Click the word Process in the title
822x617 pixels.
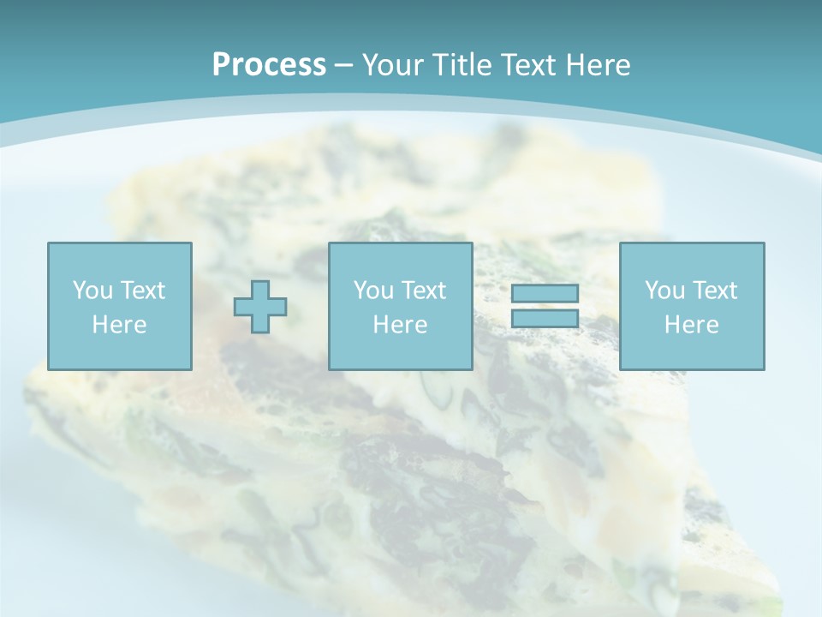[x=269, y=64]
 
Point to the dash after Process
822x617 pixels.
[x=343, y=65]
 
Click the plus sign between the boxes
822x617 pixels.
[x=260, y=307]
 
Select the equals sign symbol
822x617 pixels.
[x=545, y=306]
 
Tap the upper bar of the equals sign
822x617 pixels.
[x=545, y=294]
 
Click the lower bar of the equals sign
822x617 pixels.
[x=545, y=318]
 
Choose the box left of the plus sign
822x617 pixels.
[x=120, y=306]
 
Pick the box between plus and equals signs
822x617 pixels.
[x=400, y=306]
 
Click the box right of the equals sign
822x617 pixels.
[x=692, y=306]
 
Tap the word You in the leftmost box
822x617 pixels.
[x=93, y=291]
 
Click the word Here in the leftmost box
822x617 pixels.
[x=119, y=325]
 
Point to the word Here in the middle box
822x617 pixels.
[x=400, y=325]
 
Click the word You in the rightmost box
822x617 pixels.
[x=665, y=291]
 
